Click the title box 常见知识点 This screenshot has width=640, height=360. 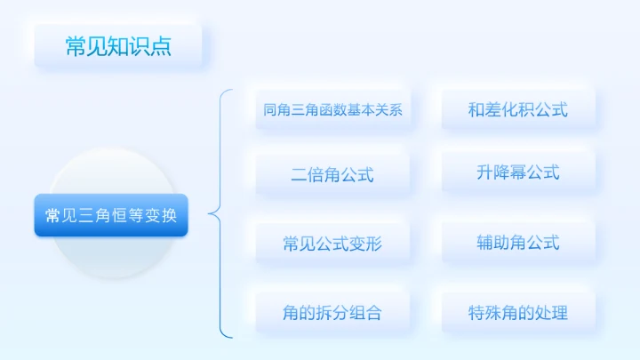[117, 46]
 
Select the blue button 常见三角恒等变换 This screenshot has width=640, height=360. [111, 215]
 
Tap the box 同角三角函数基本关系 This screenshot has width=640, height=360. [333, 111]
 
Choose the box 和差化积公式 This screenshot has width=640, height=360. [517, 110]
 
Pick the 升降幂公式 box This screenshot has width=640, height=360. [517, 172]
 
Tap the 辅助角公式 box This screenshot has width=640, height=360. [517, 242]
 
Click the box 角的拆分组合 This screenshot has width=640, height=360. [332, 313]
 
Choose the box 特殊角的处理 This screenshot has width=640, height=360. [517, 313]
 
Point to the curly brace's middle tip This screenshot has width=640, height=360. [210, 213]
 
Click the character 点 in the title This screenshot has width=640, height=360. [161, 46]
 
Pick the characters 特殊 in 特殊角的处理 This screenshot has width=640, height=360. [487, 313]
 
